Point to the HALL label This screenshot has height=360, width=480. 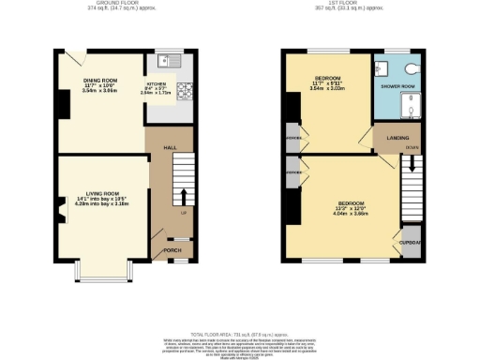tap(170, 147)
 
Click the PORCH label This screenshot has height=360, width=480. tap(172, 250)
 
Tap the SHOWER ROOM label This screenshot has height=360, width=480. tap(396, 85)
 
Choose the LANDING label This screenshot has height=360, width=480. tap(384, 138)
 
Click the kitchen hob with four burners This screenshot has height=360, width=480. tap(183, 91)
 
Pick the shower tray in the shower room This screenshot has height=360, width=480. tap(409, 108)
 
